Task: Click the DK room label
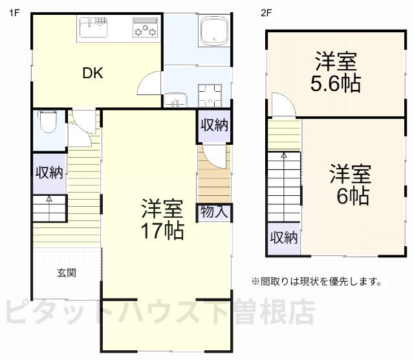pos(93,73)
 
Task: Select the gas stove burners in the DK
pos(145,28)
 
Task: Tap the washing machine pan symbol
pos(211,96)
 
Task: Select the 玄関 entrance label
pos(66,273)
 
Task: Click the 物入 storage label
pos(213,212)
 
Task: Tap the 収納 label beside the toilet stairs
pos(49,173)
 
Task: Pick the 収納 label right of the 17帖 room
pos(213,125)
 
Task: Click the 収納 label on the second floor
pos(283,238)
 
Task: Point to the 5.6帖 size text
pos(336,84)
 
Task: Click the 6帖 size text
pos(352,195)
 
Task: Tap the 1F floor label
pos(14,11)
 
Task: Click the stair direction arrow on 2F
pos(283,156)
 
